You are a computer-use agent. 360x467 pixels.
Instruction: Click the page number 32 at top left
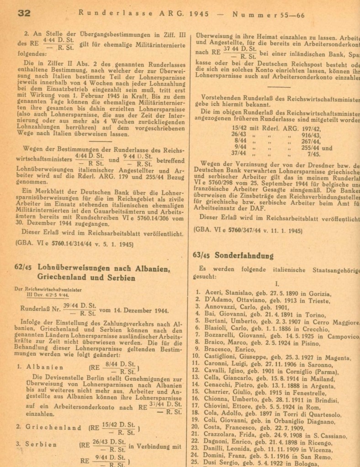pyautogui.click(x=24, y=13)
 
